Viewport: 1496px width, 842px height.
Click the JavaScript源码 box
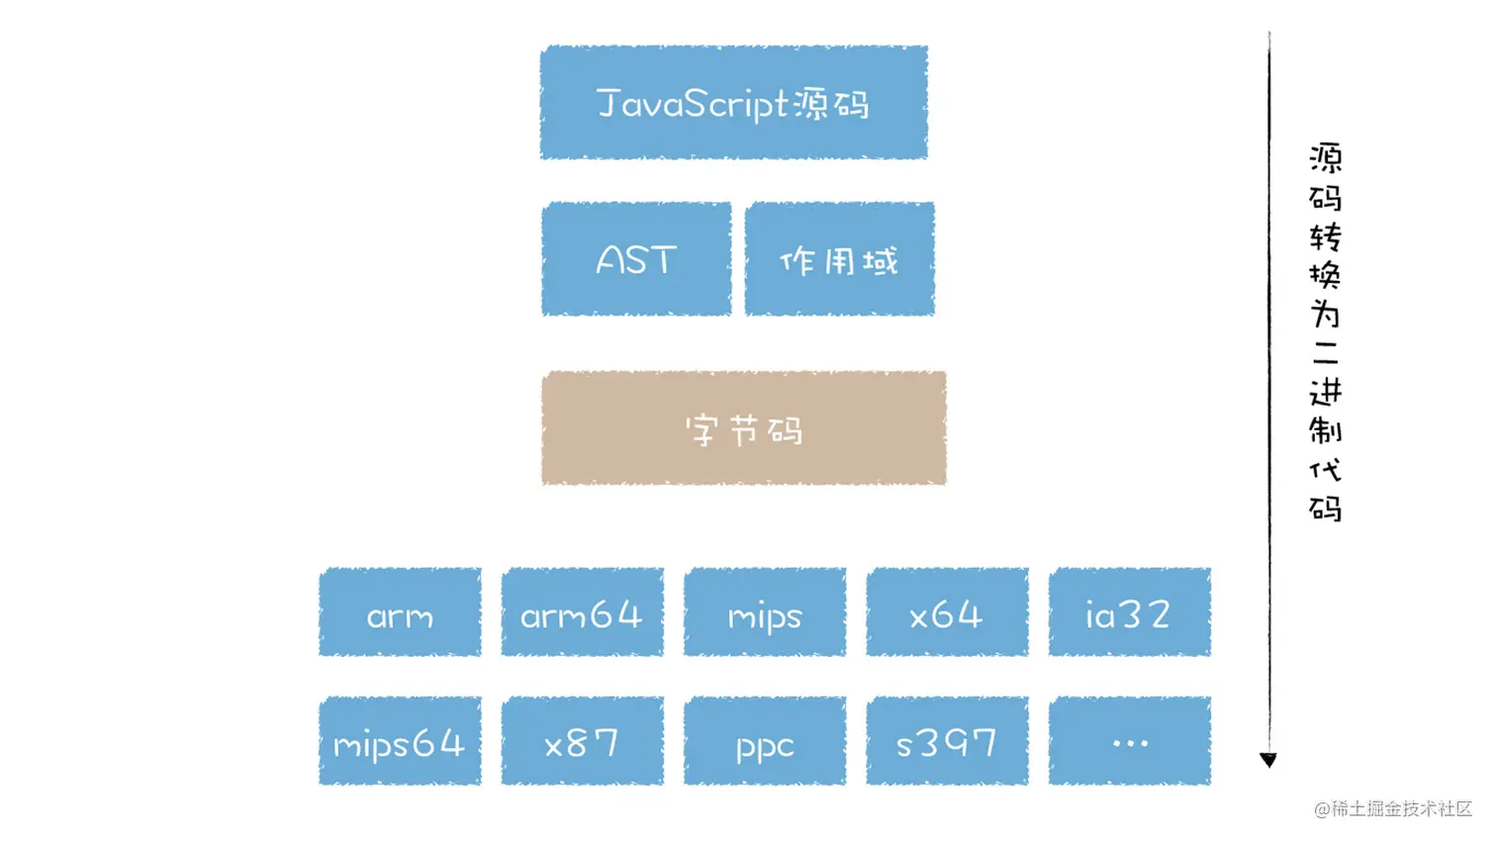(x=733, y=102)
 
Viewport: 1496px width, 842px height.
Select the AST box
(x=636, y=259)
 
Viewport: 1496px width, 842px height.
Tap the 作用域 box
(x=839, y=259)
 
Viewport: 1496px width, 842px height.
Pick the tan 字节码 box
(x=743, y=428)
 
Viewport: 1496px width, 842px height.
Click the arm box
(x=400, y=612)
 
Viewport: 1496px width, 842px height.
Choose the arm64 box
(x=582, y=612)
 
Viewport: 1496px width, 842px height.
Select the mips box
(x=765, y=612)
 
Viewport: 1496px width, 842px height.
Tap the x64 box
(x=947, y=612)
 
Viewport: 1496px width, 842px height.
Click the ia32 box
(x=1129, y=612)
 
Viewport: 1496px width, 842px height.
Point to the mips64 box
(x=400, y=741)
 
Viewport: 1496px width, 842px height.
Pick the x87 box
(x=582, y=741)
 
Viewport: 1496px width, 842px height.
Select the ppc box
(x=765, y=741)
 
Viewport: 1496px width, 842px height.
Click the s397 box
(x=947, y=741)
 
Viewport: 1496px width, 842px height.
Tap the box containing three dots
(x=1129, y=741)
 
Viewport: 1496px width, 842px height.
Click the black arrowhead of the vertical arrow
(x=1268, y=759)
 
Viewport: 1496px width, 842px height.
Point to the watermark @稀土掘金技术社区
(x=1393, y=808)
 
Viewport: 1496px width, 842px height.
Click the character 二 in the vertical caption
(x=1326, y=353)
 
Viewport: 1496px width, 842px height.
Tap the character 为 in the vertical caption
(x=1326, y=315)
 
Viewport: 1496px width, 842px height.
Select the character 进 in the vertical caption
(x=1326, y=392)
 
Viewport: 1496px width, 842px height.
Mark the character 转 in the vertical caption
(x=1326, y=237)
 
